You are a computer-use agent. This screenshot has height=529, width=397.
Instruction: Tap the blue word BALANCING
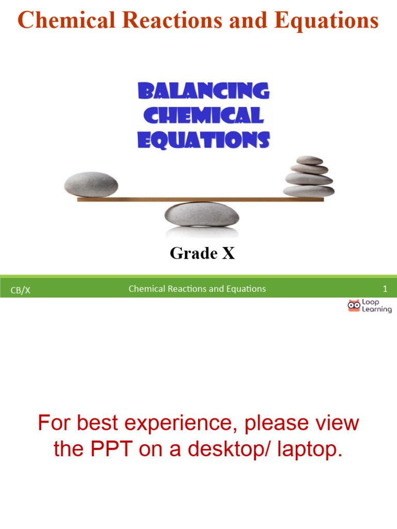click(203, 91)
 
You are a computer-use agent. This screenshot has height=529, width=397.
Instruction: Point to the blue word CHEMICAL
click(203, 115)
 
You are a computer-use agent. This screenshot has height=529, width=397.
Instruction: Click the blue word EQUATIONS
click(203, 139)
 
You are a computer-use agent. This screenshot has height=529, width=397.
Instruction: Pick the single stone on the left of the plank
click(91, 184)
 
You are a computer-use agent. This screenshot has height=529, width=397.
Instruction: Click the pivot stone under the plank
click(202, 213)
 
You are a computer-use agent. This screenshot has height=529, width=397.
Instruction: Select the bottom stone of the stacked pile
click(309, 191)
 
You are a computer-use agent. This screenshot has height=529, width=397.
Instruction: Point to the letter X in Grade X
click(228, 254)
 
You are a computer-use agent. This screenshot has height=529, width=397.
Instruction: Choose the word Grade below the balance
click(193, 254)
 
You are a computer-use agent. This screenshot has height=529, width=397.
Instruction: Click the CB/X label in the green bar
click(21, 290)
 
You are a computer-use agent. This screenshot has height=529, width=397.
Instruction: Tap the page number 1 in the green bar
click(385, 289)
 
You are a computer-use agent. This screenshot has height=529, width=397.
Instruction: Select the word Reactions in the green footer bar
click(187, 289)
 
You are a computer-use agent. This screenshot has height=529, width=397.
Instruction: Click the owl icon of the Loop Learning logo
click(354, 306)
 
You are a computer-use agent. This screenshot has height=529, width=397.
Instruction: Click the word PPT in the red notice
click(111, 449)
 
